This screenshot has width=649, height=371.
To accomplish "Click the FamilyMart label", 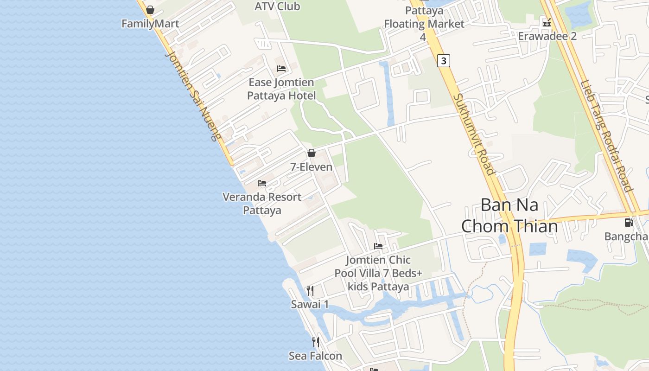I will click(x=150, y=24).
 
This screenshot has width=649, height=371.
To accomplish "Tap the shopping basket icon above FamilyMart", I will click(x=150, y=10).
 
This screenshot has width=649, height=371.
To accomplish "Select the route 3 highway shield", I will click(x=444, y=61).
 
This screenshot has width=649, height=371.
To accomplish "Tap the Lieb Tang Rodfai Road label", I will click(x=606, y=136).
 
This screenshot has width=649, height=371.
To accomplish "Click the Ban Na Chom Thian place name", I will click(x=509, y=215).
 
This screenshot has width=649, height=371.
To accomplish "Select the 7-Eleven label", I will click(x=312, y=167).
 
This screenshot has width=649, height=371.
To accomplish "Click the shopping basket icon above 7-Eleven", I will click(x=312, y=153).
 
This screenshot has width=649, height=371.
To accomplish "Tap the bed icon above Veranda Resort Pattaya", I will click(x=262, y=183).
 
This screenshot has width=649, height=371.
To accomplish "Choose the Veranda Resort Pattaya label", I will click(x=262, y=203).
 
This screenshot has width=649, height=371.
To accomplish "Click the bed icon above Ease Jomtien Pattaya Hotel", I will click(x=281, y=69).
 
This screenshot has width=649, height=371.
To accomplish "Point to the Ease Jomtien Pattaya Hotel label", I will click(x=281, y=89).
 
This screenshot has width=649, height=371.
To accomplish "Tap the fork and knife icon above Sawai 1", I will click(x=310, y=291).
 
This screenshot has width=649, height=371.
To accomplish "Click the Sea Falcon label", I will click(x=315, y=356).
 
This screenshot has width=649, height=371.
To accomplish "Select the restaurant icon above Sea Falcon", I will click(x=315, y=342).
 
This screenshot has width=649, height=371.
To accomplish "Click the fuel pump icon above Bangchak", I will click(x=629, y=223).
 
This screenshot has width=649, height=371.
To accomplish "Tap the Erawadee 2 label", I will click(x=547, y=36).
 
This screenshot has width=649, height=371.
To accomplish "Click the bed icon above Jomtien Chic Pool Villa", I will click(x=378, y=246).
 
